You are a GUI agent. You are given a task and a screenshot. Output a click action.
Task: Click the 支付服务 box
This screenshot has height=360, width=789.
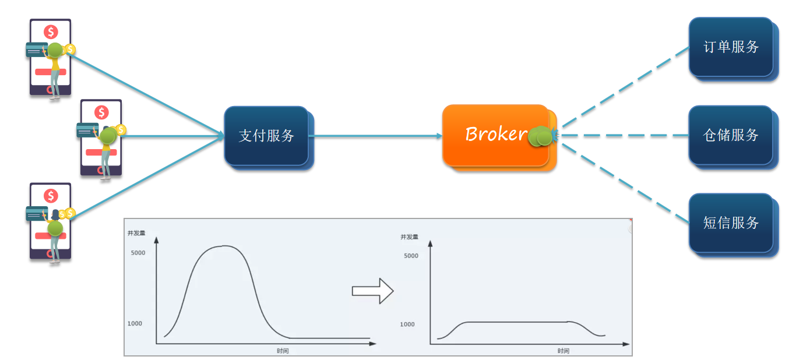click(x=269, y=137)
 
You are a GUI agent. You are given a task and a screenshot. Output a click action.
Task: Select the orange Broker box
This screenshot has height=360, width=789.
click(x=499, y=137)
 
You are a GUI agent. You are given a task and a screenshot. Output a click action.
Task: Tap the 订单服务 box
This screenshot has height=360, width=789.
click(x=734, y=50)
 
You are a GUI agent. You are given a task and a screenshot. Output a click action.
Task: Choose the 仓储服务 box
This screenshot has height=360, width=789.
click(x=734, y=137)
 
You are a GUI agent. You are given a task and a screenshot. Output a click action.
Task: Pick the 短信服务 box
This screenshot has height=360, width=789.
click(x=734, y=225)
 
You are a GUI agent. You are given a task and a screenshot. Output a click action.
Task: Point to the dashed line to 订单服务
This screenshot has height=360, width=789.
click(x=626, y=87)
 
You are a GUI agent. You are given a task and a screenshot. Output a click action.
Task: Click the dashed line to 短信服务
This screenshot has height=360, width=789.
click(x=626, y=183)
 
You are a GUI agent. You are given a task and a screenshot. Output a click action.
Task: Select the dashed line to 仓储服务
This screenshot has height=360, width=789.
click(x=624, y=135)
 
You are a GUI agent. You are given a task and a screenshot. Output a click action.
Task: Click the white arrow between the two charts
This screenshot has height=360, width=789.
click(x=373, y=291)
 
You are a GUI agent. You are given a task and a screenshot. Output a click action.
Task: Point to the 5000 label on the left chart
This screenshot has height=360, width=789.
click(x=138, y=253)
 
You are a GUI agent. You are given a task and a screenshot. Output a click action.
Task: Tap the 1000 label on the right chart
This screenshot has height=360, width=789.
click(x=407, y=324)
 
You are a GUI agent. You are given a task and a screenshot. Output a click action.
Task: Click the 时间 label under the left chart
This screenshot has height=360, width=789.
click(x=283, y=351)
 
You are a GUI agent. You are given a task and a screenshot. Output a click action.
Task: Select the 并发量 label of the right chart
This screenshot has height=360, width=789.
click(x=409, y=237)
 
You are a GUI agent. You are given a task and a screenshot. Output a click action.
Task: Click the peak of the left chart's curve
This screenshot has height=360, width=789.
click(x=224, y=246)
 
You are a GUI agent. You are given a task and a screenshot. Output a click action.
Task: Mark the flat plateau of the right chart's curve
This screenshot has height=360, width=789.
click(x=517, y=322)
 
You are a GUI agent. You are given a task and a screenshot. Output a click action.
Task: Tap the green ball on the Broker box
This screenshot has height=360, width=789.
click(x=540, y=136)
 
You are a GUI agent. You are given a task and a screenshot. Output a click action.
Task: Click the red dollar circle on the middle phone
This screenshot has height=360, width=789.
click(x=101, y=112)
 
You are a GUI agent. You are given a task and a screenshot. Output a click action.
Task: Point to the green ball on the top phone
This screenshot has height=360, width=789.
click(x=55, y=50)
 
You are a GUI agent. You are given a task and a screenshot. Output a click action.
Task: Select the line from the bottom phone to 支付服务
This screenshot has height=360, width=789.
click(x=147, y=177)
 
